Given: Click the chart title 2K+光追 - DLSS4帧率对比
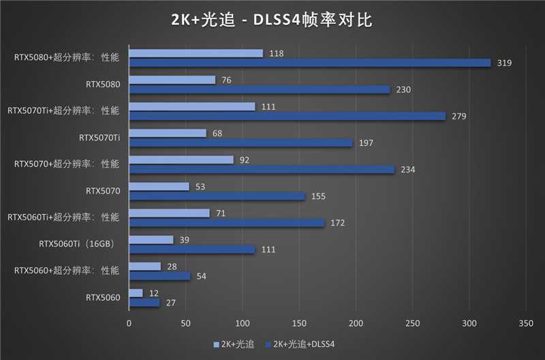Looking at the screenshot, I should [x=272, y=20].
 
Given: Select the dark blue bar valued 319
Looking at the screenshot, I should [x=309, y=63].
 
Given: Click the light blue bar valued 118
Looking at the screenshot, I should [x=196, y=53].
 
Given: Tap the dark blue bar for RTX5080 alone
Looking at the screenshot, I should [x=259, y=89].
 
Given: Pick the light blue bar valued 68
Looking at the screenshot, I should [x=167, y=133].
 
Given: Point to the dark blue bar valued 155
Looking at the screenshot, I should [x=217, y=196].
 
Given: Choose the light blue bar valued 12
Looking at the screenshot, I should [x=136, y=293].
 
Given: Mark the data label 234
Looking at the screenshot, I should [x=408, y=170].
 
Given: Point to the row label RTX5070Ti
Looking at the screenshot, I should [x=99, y=138].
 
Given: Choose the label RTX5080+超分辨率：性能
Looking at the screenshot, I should [x=67, y=57].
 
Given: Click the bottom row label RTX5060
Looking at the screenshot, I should [x=103, y=297].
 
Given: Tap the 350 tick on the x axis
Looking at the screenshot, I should [x=525, y=320].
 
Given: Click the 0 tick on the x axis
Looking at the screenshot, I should [x=129, y=320].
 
